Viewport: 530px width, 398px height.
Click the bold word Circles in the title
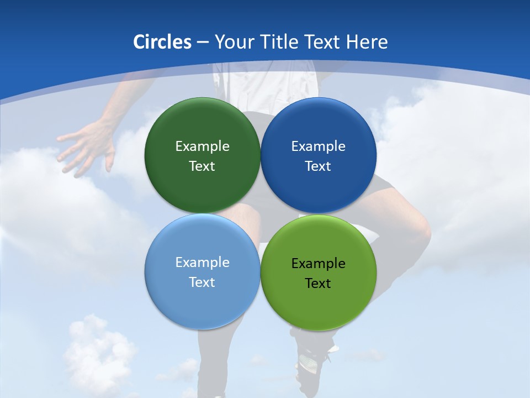(162, 42)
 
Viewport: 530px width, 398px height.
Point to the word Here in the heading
(367, 42)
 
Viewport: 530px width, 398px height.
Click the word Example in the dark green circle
(202, 146)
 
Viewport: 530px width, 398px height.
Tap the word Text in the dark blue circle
(318, 166)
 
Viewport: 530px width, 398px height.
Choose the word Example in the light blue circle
(202, 263)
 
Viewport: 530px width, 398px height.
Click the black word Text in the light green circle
(318, 284)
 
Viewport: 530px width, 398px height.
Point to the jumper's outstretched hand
(86, 146)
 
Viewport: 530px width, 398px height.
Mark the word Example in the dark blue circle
(318, 146)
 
